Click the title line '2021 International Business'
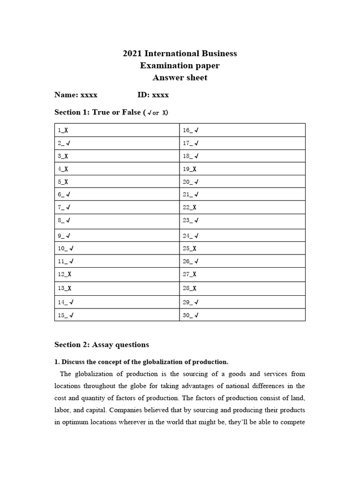coord(180,53)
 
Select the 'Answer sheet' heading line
coord(180,78)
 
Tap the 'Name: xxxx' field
coord(76,95)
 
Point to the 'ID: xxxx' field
coord(153,95)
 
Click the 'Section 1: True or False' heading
coord(111,112)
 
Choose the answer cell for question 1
coord(117,130)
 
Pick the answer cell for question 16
coord(242,130)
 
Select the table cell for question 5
coord(117,182)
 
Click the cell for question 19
coord(242,169)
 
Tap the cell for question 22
coord(242,207)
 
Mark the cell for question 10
coord(117,248)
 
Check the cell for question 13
coord(117,288)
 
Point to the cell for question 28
coord(242,288)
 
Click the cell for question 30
coord(242,315)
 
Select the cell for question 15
coord(117,315)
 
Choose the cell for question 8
coord(117,220)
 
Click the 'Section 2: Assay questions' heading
coord(102,345)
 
